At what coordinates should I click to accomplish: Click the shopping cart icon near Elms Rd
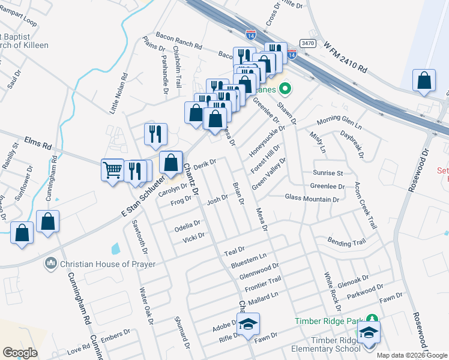112,170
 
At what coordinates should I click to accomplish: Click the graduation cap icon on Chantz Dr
247,325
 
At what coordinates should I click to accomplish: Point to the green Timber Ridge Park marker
372,319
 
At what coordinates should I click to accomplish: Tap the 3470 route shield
308,43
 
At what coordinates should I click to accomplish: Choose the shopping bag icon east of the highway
424,80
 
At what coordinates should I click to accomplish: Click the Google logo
21,353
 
